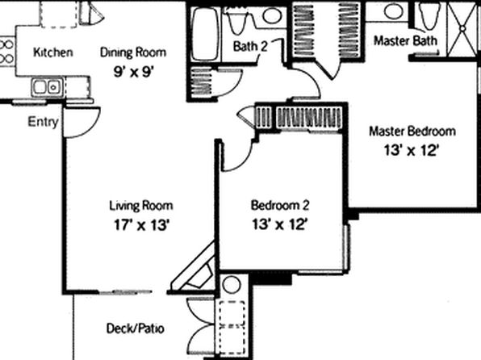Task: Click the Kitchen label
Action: coord(53,52)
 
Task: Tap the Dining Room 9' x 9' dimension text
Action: coord(133,73)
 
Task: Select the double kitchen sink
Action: coord(47,87)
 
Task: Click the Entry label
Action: coord(43,122)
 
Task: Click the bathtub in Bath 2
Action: coord(205,34)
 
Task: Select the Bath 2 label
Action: coord(250,46)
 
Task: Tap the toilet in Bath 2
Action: coord(238,21)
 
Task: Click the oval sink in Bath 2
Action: coord(272,15)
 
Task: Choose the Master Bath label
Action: coord(405,40)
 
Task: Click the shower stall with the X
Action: coord(463,28)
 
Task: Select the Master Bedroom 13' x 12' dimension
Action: coord(411,151)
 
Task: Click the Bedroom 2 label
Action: coord(280,205)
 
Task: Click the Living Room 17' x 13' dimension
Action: coord(141,225)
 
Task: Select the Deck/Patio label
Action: coord(136,329)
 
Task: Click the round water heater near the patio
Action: coord(232,284)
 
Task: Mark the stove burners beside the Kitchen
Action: coord(6,51)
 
